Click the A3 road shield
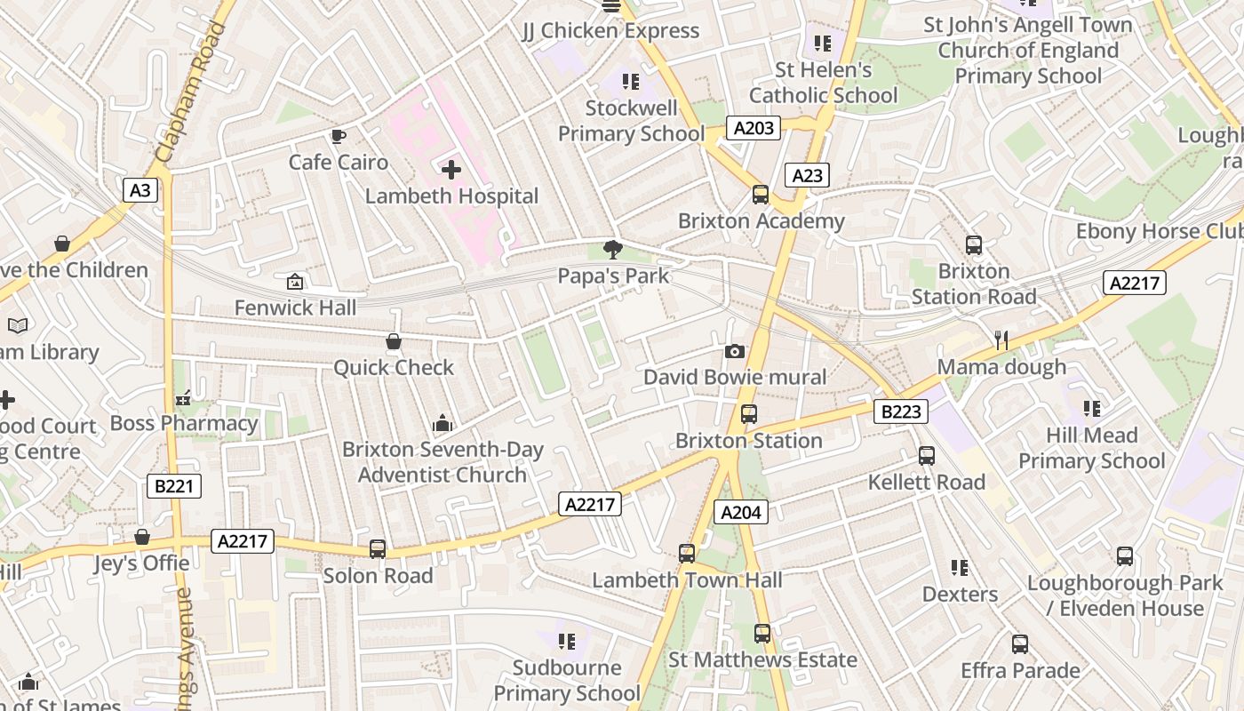coord(140,189)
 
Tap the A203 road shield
coord(754,128)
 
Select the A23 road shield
coord(807,175)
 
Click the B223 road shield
coord(901,411)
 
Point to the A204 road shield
coord(740,512)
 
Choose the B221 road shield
coord(173,486)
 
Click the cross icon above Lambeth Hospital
coord(451,169)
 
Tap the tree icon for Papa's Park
coord(612,250)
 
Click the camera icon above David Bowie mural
coord(734,352)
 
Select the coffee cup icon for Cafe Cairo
coord(338,137)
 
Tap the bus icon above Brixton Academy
coord(761,195)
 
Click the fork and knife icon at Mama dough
coord(1001,340)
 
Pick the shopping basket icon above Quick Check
coord(394,342)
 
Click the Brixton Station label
coord(748,441)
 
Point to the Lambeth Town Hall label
coord(687,580)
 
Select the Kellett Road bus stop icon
coord(927,456)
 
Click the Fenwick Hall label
coord(295,308)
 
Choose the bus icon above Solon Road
coord(378,549)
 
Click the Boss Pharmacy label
coord(184,423)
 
